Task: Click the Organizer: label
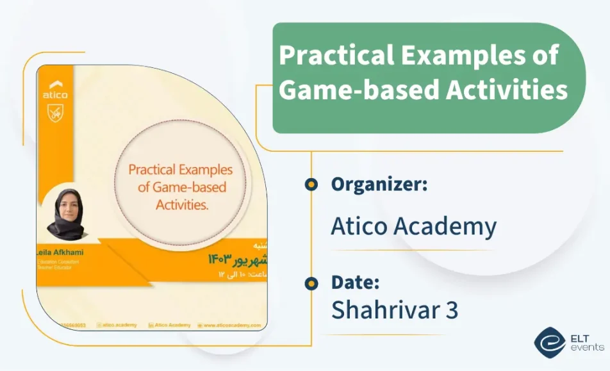pyautogui.click(x=379, y=185)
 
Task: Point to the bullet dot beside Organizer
pyautogui.click(x=311, y=185)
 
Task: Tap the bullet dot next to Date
pyautogui.click(x=311, y=283)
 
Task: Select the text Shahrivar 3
pyautogui.click(x=395, y=309)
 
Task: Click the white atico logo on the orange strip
pyautogui.click(x=55, y=90)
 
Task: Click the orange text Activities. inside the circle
pyautogui.click(x=183, y=205)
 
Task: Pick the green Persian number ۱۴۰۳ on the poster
pyautogui.click(x=219, y=259)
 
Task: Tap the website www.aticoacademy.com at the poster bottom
pyautogui.click(x=232, y=325)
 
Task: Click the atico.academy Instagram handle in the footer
pyautogui.click(x=120, y=325)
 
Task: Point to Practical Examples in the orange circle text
pyautogui.click(x=180, y=170)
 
